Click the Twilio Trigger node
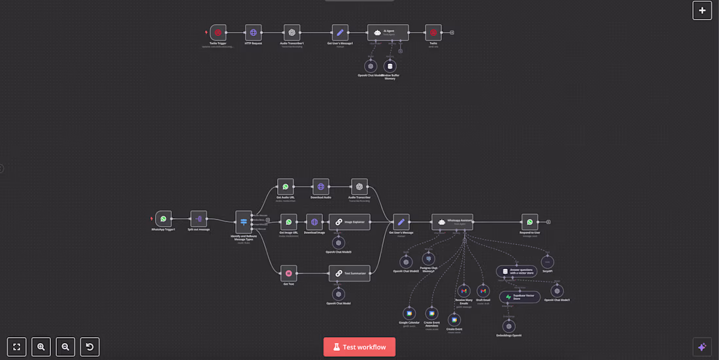pyautogui.click(x=218, y=33)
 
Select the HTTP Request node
pyautogui.click(x=254, y=33)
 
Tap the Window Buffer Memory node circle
pyautogui.click(x=390, y=66)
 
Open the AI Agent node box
pyautogui.click(x=388, y=33)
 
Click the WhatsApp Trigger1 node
pyautogui.click(x=163, y=219)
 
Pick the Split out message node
pyautogui.click(x=199, y=219)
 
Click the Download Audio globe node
pyautogui.click(x=320, y=187)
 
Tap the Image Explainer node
pyautogui.click(x=349, y=222)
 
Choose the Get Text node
pyautogui.click(x=288, y=273)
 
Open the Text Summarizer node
pyautogui.click(x=349, y=273)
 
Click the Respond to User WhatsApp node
pyautogui.click(x=530, y=221)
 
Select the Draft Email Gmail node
pyautogui.click(x=483, y=291)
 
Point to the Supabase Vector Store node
pyautogui.click(x=520, y=297)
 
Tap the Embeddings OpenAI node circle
pyautogui.click(x=509, y=326)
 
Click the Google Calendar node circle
pyautogui.click(x=409, y=314)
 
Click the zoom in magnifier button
pyautogui.click(x=41, y=347)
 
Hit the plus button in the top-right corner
pyautogui.click(x=702, y=10)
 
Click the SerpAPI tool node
pyautogui.click(x=548, y=262)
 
